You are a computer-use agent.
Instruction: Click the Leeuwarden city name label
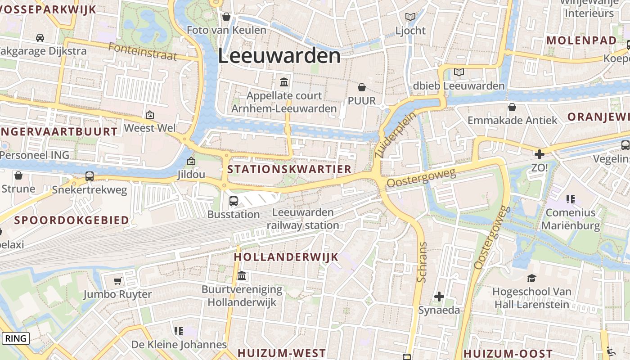(x=279, y=56)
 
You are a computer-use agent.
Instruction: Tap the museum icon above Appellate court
(x=284, y=82)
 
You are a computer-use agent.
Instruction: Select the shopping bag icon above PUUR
(x=362, y=87)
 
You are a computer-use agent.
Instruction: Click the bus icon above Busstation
(x=233, y=201)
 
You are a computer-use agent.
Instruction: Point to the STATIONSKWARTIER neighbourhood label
(x=289, y=170)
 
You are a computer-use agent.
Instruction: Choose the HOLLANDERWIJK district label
(x=286, y=257)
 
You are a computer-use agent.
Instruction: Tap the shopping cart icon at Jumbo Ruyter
(x=117, y=281)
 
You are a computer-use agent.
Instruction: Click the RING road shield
(x=16, y=338)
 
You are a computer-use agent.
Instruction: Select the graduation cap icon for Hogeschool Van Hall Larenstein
(x=531, y=278)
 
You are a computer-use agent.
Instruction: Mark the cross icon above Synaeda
(x=439, y=297)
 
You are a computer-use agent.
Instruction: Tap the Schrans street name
(x=422, y=262)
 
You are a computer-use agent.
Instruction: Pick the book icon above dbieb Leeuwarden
(x=459, y=72)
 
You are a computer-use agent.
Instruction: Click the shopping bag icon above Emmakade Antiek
(x=512, y=107)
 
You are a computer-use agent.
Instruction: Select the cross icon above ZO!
(x=539, y=154)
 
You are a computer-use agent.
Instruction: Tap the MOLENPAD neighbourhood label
(x=581, y=40)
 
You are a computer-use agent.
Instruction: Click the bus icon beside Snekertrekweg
(x=90, y=176)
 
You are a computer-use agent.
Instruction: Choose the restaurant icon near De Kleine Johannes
(x=179, y=331)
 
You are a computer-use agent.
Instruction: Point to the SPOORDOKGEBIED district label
(x=72, y=220)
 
